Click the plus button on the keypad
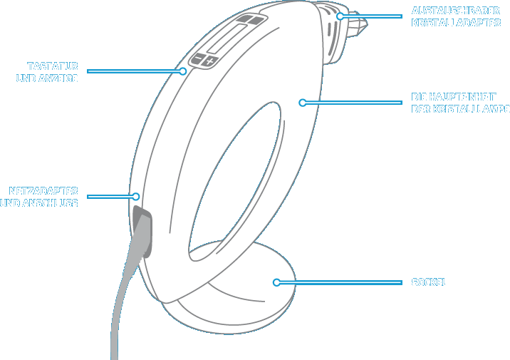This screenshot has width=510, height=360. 209,62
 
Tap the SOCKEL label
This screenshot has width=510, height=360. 430,282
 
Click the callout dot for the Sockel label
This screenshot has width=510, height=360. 276,282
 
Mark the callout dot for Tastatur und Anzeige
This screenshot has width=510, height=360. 183,71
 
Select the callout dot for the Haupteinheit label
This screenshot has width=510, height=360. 303,103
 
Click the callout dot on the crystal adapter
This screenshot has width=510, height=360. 340,16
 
